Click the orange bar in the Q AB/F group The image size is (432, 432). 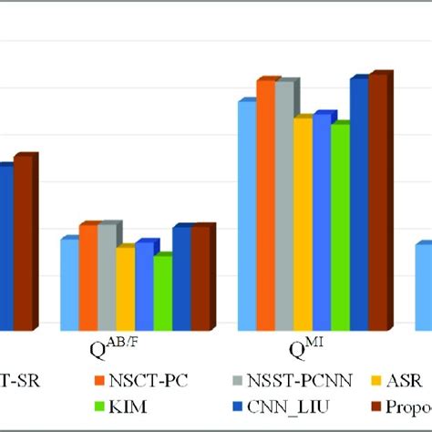tap(87, 278)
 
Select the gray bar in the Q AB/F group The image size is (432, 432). tap(106, 278)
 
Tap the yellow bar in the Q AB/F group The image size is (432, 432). tap(124, 289)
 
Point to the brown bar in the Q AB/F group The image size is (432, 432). tap(199, 279)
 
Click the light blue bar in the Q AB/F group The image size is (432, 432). tap(68, 284)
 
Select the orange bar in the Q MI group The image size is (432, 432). tap(264, 206)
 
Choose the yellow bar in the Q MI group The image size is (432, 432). tap(302, 224)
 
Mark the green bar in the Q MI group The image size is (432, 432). tap(339, 228)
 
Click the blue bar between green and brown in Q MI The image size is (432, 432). tap(358, 205)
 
